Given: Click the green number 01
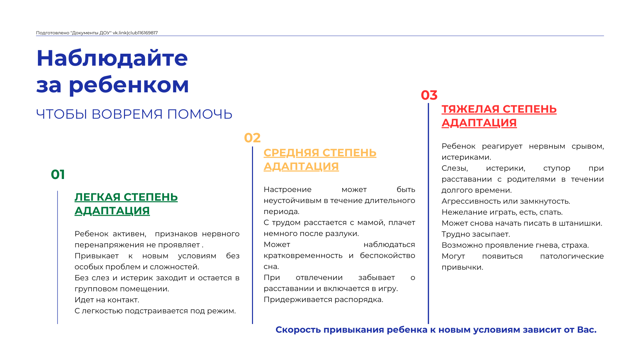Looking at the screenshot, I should click(x=58, y=175).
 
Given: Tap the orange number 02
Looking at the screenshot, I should click(x=252, y=138).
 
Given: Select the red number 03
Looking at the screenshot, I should click(x=429, y=95).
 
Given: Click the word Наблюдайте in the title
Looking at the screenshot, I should click(x=112, y=58).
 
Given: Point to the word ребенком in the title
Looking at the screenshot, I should click(x=129, y=85).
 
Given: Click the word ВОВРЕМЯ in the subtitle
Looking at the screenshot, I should click(x=127, y=114).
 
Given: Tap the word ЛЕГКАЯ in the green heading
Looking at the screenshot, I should click(x=97, y=197).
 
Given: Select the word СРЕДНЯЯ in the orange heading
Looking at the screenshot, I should click(x=291, y=153).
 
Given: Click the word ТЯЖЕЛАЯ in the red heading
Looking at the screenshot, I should click(x=470, y=109).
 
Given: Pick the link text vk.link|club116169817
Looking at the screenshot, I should click(x=135, y=33).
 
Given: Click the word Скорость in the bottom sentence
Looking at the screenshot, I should click(x=298, y=330).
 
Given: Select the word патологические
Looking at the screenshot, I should click(x=572, y=256).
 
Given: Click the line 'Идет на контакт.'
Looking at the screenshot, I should click(x=107, y=300).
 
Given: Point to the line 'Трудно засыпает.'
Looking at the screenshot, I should click(x=476, y=234).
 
